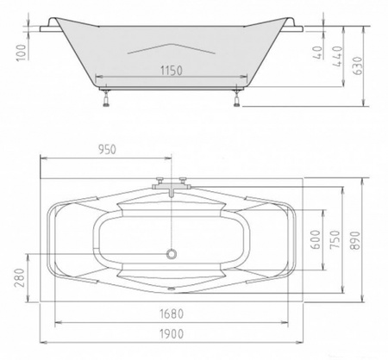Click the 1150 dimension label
point(171,71)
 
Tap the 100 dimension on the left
point(22,53)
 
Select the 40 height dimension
point(317,53)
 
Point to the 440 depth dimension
point(337,56)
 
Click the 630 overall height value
point(358,65)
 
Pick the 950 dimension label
point(107,149)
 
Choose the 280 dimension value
point(20,277)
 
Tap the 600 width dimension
point(316,239)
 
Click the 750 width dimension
point(335,239)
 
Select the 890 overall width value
point(355,240)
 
